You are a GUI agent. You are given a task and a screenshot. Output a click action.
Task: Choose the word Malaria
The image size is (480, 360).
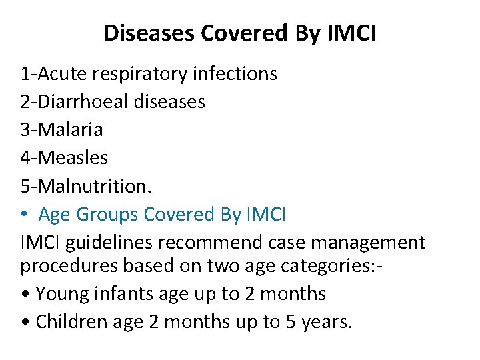click(71, 129)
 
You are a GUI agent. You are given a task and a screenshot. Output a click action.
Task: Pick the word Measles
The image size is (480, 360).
click(73, 157)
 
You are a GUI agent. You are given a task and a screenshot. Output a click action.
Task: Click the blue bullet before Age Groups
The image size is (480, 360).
click(25, 215)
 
